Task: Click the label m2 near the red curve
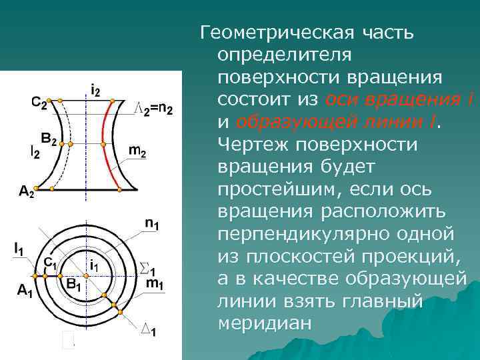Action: [x=137, y=151]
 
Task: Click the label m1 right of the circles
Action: [x=154, y=285]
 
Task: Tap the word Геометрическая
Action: [x=275, y=31]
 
